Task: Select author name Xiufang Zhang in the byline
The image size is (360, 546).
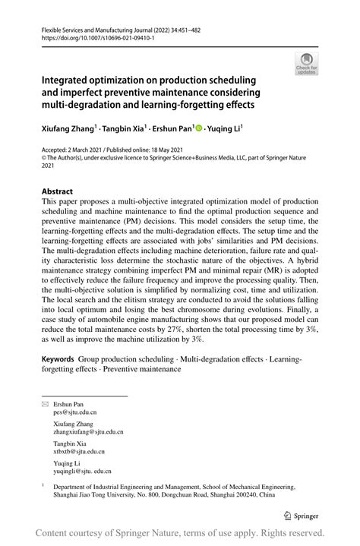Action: (68, 130)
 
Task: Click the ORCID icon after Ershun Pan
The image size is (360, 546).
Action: (200, 130)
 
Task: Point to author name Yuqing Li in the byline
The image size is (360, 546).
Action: (226, 130)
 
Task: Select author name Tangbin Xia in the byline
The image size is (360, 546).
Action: (127, 130)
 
